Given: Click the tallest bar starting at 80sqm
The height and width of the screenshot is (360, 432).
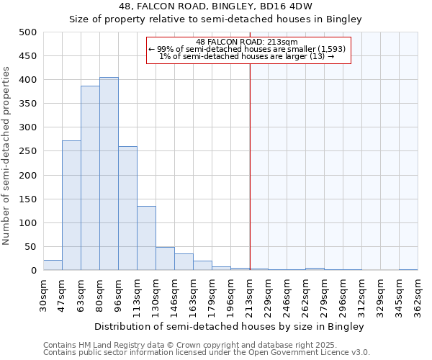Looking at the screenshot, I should point(109,174).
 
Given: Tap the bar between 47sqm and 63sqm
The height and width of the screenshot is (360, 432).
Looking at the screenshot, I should point(71,205).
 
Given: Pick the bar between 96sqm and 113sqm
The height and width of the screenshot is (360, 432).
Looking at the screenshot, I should point(127,208).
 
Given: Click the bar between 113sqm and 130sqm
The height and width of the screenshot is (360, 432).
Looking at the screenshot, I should point(146,238).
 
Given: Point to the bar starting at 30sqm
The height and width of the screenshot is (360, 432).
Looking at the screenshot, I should point(53,265).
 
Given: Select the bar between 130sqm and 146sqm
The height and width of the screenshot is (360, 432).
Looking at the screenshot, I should point(165,258).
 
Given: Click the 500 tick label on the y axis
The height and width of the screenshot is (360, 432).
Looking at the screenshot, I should point(27,32).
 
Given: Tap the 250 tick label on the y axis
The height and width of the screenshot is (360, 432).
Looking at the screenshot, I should point(27,151).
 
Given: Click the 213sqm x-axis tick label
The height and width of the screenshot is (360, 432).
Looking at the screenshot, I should point(250,295).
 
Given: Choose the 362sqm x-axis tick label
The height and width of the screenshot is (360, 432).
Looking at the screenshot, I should point(418,295).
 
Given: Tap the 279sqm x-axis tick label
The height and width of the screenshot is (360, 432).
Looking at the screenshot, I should point(325,295).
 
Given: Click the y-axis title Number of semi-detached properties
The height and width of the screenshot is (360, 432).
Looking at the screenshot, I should point(7,156).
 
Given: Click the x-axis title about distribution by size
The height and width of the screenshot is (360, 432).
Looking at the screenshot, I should point(230,326).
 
